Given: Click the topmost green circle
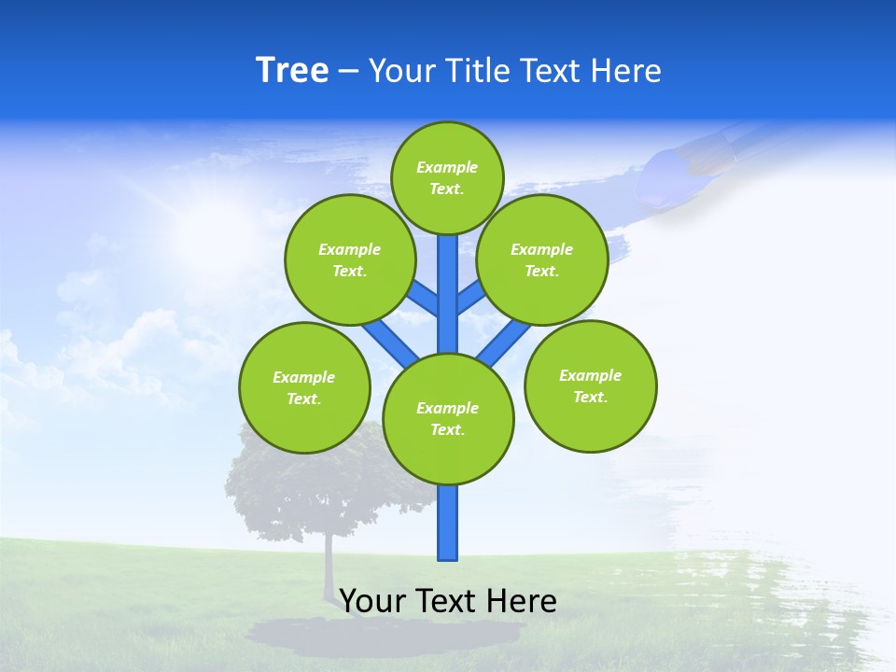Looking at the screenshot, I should pos(447,177).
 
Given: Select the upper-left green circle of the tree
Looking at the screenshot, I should pos(349,259).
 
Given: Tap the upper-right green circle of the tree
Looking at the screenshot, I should pos(541,259).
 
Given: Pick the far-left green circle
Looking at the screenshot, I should pos(304,387).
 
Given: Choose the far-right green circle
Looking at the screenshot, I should pos(590,385).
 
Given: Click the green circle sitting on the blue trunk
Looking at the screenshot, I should pos(448,418).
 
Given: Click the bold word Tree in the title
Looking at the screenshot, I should pos(292,70).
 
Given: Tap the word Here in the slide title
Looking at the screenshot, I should pos(625,71).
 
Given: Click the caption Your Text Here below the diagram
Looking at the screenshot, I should pos(448,601).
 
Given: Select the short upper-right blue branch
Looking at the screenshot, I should pos(470,298).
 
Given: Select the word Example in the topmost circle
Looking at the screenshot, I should pos(447,167).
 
